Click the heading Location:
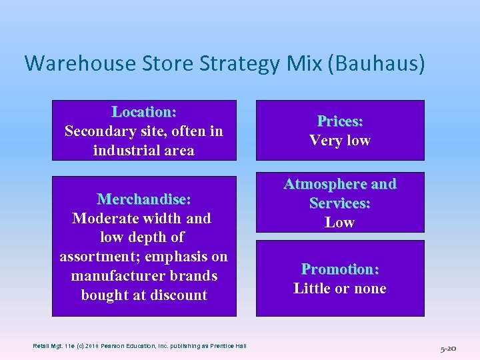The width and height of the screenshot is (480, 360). pos(144,112)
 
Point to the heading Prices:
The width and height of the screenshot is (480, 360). pos(340,121)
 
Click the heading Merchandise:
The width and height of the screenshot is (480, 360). pos(144,199)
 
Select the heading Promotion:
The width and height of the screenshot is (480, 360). pos(340,269)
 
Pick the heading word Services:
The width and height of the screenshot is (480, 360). pos(340,203)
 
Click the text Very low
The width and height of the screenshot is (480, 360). pos(340,141)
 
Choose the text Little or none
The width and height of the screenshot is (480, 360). pos(340,289)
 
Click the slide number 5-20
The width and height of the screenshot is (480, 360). pos(448,348)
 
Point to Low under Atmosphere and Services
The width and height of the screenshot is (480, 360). pos(340,222)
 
